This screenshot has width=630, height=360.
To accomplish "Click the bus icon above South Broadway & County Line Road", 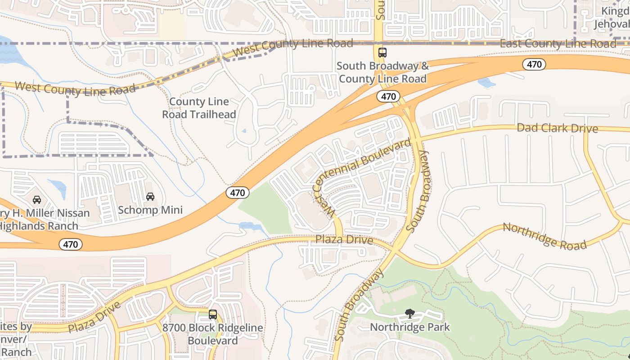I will [382, 53].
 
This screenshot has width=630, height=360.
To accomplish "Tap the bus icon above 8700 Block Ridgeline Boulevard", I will [213, 315].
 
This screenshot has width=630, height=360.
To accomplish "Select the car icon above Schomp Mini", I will [150, 197].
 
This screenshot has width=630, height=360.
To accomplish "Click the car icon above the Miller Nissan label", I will [37, 199].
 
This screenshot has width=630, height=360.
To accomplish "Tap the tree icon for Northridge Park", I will [409, 314].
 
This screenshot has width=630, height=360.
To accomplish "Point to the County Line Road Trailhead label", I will [199, 108].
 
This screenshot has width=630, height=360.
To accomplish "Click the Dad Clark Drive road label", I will [557, 128].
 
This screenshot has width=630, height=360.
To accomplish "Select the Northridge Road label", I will [544, 236].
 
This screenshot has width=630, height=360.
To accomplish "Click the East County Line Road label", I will [558, 44].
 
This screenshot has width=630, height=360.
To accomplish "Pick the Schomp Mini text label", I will [150, 210].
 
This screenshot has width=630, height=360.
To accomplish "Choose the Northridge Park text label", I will [409, 327].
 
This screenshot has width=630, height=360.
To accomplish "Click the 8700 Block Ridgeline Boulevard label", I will [213, 334].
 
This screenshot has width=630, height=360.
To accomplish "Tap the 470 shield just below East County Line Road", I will [534, 64].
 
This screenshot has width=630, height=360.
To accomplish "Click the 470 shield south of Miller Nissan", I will [71, 245].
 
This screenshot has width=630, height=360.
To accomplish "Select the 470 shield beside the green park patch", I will [237, 193].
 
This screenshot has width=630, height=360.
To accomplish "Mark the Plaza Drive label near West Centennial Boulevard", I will [344, 240].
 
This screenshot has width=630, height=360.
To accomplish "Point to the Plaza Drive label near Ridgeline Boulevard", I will [94, 318].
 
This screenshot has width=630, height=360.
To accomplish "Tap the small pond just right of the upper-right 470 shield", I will [487, 82].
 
